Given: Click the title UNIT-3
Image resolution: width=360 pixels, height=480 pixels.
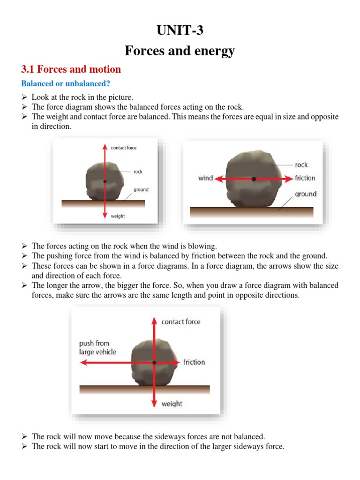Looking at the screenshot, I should click(x=180, y=31).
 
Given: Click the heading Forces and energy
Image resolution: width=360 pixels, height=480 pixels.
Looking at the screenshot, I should click(x=180, y=51).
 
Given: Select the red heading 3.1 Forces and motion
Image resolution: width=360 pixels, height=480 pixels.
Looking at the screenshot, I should click(x=71, y=69).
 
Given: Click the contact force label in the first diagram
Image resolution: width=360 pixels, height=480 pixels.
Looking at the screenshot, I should click(x=124, y=148).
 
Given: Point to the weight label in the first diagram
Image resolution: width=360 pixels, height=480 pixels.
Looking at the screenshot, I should click(x=118, y=216).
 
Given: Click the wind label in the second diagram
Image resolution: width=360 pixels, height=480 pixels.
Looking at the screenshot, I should click(x=205, y=178).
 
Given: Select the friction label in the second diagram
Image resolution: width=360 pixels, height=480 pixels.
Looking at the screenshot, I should click(x=305, y=178).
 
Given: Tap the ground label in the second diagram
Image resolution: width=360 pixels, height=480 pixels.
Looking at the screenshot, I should click(x=305, y=194).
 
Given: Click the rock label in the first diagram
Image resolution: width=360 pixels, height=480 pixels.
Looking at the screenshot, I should click(x=138, y=172).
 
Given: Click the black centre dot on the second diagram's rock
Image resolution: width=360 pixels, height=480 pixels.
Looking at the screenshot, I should click(x=254, y=179).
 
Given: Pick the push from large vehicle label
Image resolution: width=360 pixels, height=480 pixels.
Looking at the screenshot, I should click(x=97, y=347).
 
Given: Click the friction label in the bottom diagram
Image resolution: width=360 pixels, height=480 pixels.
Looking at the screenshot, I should click(x=194, y=362).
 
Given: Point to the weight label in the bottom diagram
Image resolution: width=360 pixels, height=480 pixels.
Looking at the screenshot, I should click(x=172, y=404).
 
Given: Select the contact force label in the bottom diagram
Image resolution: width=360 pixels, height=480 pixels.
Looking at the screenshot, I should click(x=180, y=322).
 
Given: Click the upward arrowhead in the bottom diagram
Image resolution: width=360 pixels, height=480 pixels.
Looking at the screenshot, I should click(x=154, y=320).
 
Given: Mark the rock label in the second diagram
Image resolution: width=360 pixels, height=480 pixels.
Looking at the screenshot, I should click(x=301, y=165).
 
